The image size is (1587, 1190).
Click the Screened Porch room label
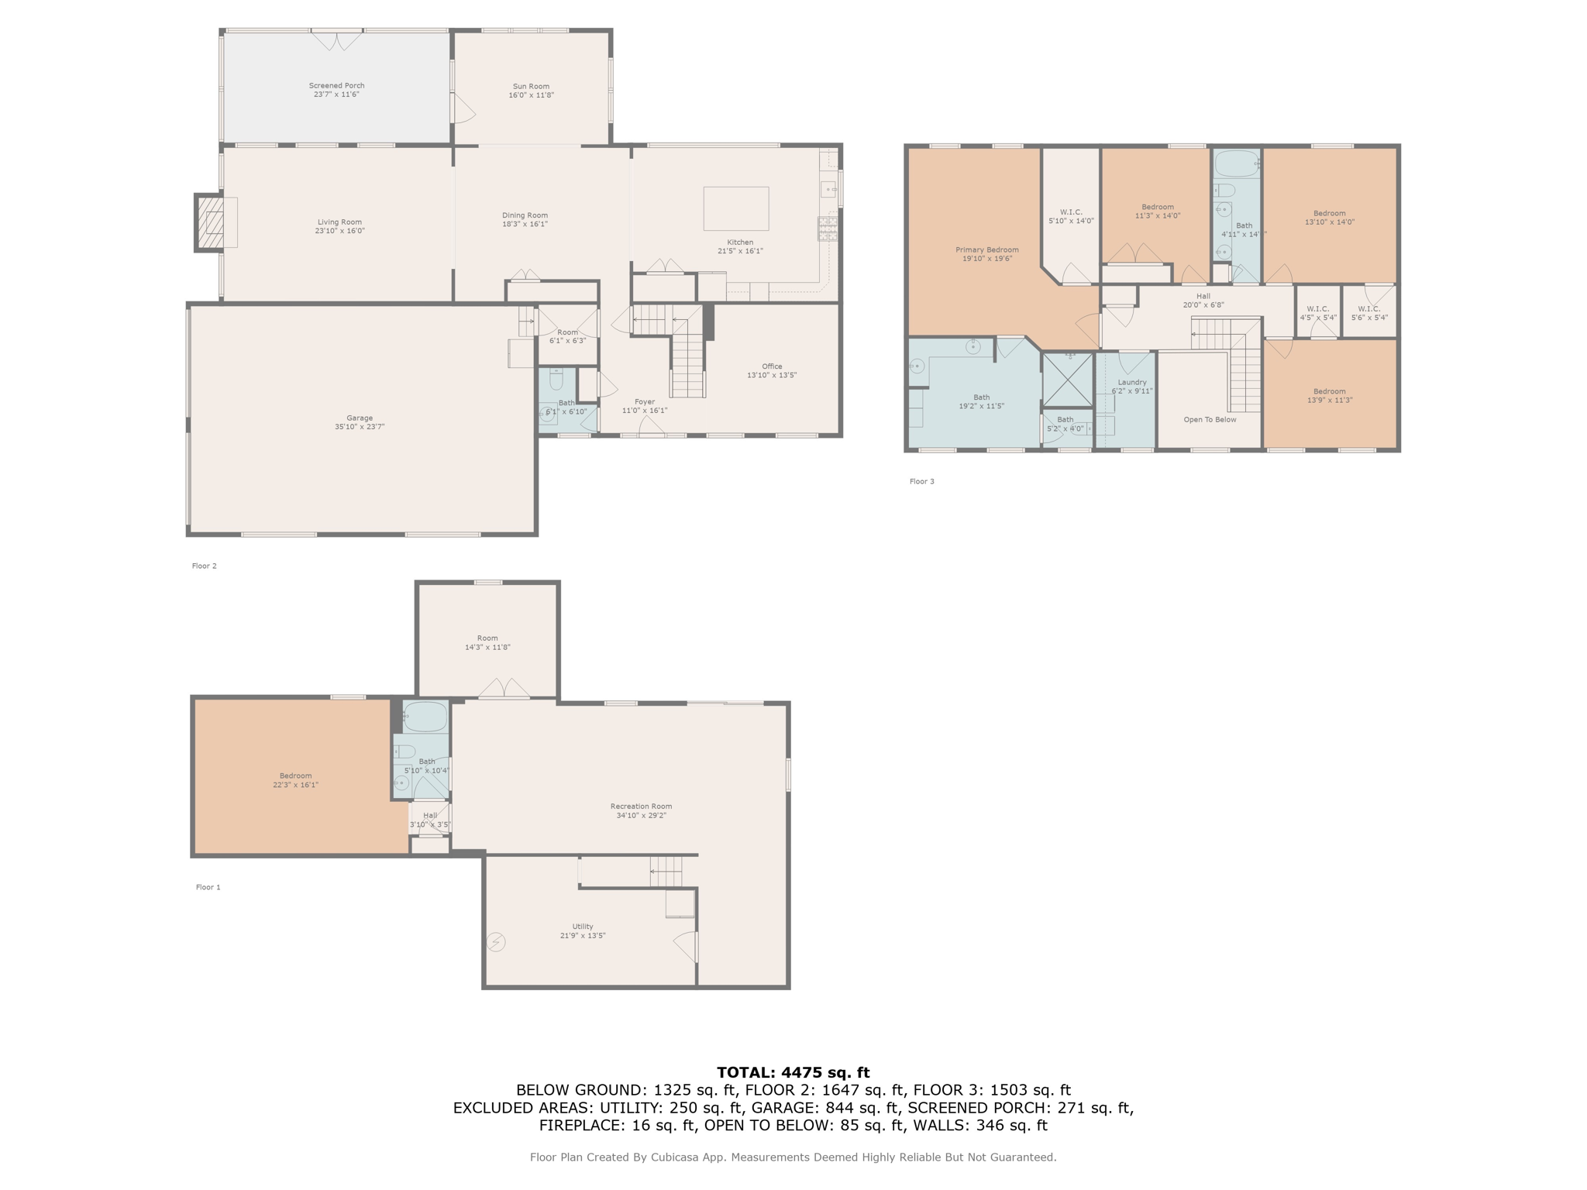(x=336, y=86)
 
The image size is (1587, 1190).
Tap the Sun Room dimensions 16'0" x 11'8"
(x=531, y=95)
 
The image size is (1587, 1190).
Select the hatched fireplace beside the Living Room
(x=210, y=223)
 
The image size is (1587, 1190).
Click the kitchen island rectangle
(x=735, y=208)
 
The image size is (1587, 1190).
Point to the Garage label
(x=360, y=418)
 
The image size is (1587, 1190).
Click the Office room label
(x=771, y=366)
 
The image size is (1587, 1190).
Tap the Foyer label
(x=645, y=401)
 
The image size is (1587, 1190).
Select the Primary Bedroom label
(x=986, y=249)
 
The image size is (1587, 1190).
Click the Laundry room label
(x=1132, y=382)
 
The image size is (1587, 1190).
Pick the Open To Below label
(x=1210, y=420)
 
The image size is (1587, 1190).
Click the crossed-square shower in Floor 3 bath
(x=1067, y=380)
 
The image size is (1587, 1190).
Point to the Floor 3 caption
(x=921, y=482)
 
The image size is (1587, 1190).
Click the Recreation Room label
(x=641, y=807)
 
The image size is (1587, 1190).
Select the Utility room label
(x=583, y=927)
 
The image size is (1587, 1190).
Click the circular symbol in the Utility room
(x=496, y=942)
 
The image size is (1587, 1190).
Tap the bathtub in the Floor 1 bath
(x=426, y=717)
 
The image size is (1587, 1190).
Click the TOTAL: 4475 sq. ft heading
(x=793, y=1073)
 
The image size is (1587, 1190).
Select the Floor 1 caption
(x=208, y=887)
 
